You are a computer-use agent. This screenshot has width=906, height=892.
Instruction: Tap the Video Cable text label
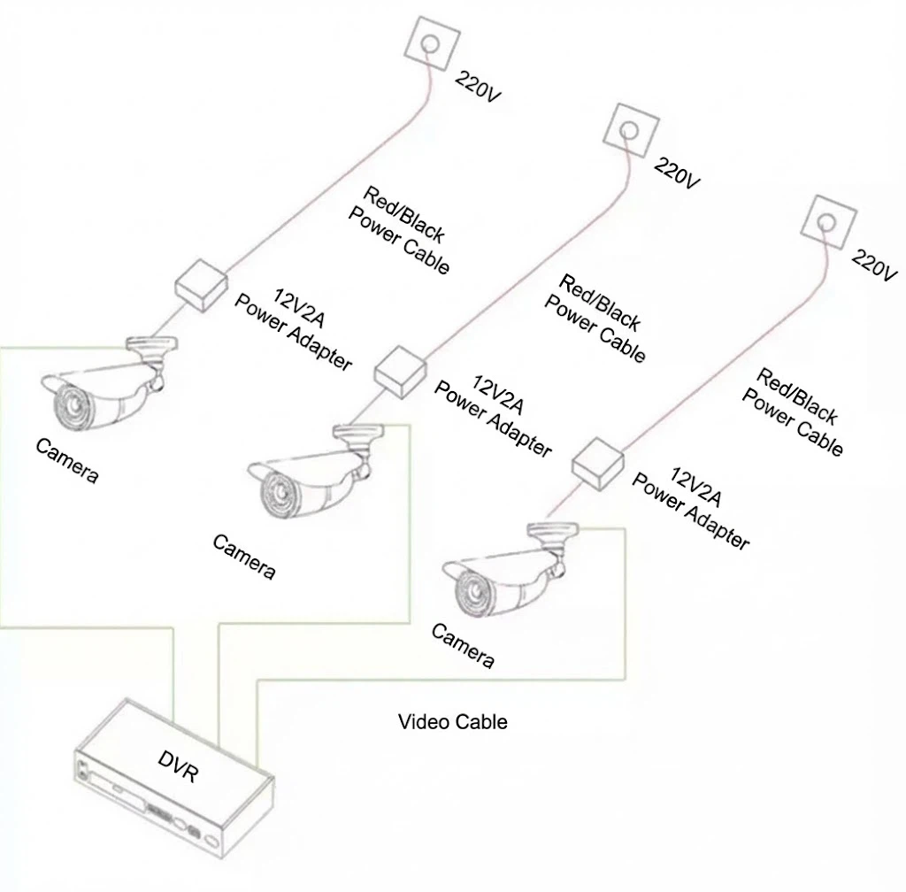click(x=452, y=721)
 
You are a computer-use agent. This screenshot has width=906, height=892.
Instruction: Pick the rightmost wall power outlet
click(x=827, y=221)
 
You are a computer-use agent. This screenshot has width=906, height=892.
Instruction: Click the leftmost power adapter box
click(x=201, y=285)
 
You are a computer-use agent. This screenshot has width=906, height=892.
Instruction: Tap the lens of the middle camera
click(x=271, y=492)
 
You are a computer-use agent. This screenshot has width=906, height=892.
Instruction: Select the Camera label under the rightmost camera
click(x=462, y=646)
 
